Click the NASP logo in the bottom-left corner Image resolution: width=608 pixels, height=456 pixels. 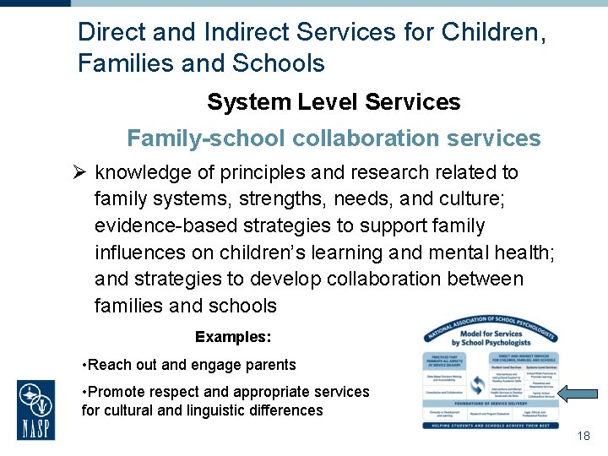point(36,410)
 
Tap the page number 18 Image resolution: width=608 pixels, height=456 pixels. point(583,436)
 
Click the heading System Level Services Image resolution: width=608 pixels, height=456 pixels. point(334,102)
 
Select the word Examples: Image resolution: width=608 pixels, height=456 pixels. point(233,337)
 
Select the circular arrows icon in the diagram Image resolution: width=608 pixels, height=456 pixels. point(478,384)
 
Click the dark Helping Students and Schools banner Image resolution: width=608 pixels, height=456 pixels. point(490,425)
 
